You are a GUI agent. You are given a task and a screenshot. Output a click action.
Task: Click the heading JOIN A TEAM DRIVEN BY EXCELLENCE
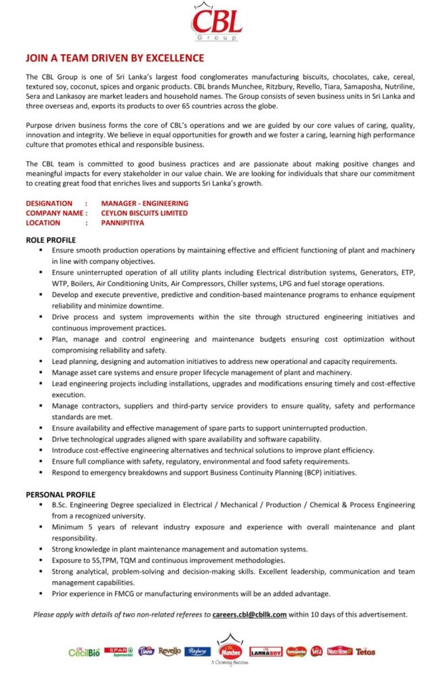114,58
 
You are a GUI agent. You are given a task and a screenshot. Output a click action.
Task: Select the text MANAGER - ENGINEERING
144,203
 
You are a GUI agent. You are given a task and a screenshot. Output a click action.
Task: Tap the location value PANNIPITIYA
123,223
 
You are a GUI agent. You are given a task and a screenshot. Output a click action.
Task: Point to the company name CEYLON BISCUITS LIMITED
144,213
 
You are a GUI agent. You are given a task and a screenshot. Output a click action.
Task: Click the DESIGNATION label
49,203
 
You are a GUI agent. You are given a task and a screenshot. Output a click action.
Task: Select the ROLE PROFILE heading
51,240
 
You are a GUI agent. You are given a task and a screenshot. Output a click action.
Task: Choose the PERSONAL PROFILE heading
60,495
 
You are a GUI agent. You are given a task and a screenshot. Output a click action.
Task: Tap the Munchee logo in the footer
230,650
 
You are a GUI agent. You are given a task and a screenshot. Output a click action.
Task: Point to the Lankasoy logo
266,652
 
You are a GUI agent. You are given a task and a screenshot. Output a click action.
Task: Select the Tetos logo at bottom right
365,652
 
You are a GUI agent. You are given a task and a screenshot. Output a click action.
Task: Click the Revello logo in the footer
170,651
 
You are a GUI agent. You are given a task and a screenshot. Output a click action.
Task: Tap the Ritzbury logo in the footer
197,651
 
